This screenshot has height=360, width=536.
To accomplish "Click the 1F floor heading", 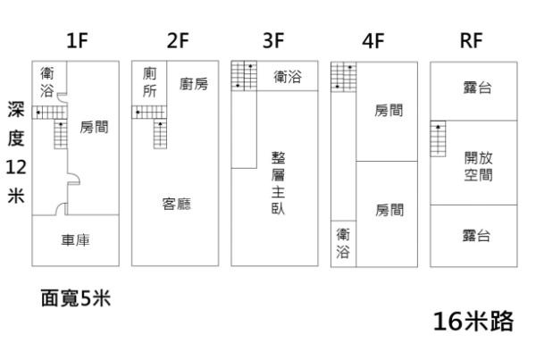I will coord(77,40).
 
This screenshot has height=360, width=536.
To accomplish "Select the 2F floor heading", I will coord(178,40).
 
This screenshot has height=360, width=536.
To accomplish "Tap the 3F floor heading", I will coord(273,40).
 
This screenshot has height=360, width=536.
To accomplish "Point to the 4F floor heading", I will coord(373,40).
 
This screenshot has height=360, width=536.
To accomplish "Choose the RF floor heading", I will coord(472,40).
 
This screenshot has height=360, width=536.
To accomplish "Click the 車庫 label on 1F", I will coord(75,240).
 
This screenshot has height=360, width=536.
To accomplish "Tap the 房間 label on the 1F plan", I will coord(94,128).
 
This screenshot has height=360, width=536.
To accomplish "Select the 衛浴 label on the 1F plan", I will coord(46,83).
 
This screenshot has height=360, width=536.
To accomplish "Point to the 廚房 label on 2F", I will coord(193,84).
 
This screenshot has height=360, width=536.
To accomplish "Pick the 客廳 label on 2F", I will coord(176,204).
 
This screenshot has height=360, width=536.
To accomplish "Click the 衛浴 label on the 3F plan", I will coord(287,78).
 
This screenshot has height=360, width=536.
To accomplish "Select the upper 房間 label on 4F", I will coord(389,111).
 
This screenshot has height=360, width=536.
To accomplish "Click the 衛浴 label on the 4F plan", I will coord(343,243).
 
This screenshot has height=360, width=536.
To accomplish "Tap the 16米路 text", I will coord(473,322).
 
